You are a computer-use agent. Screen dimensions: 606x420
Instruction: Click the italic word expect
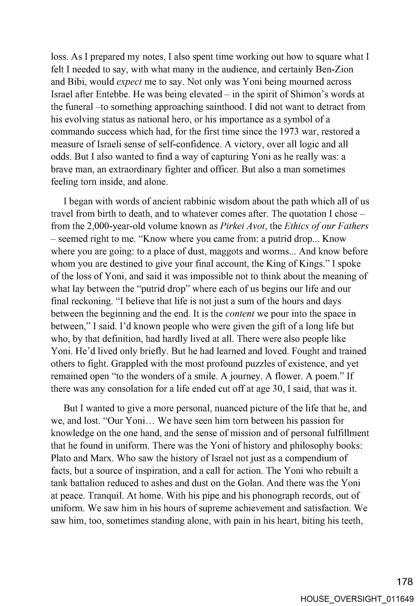129,82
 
